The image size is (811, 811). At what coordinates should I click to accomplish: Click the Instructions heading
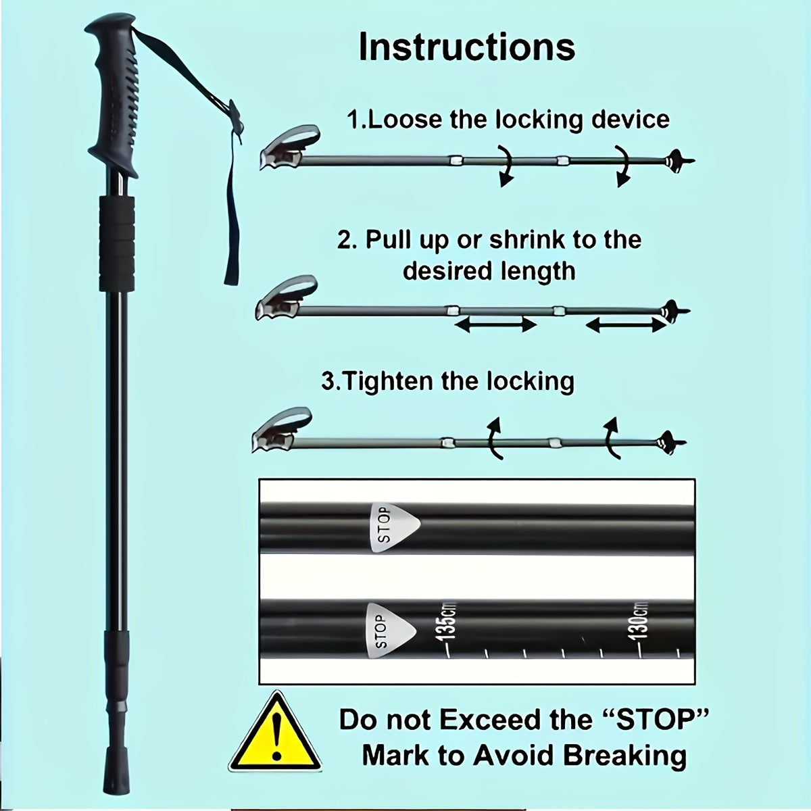[x=467, y=47]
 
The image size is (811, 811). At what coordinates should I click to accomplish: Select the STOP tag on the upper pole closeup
[x=393, y=527]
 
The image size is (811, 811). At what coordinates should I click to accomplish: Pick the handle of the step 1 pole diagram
[x=289, y=147]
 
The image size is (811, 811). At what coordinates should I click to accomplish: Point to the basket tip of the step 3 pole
[x=670, y=443]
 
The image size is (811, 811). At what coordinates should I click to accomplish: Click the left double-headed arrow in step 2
[x=496, y=324]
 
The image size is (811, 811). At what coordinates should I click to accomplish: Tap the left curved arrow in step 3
[x=494, y=438]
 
